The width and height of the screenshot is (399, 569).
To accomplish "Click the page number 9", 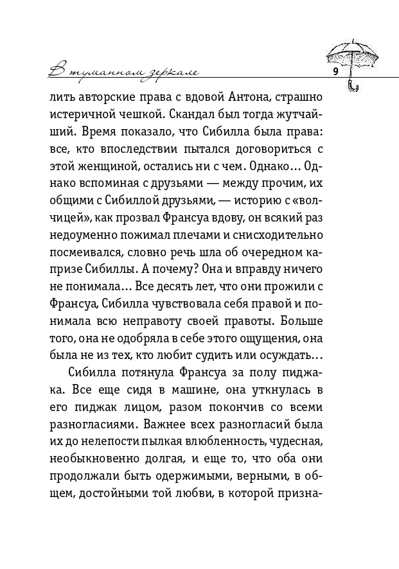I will click(x=335, y=71).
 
